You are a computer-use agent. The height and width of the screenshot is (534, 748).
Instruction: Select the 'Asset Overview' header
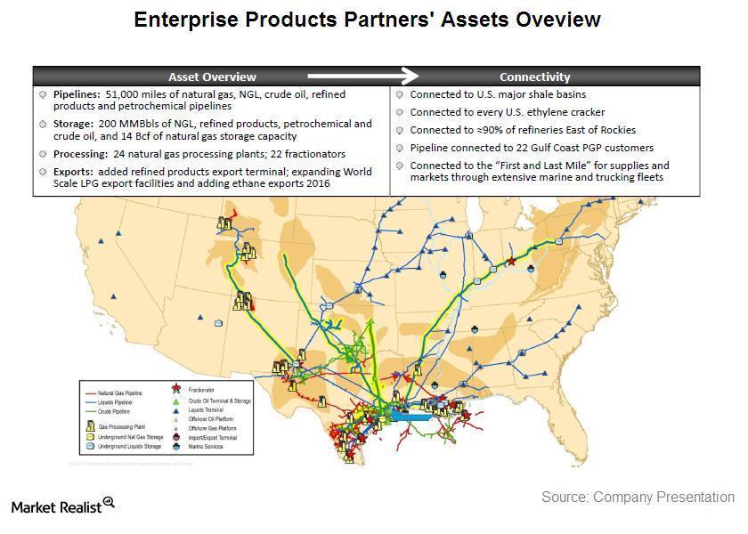click(212, 77)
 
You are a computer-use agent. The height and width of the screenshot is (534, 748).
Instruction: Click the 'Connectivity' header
click(534, 77)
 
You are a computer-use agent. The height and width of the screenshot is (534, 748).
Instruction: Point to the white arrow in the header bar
click(362, 77)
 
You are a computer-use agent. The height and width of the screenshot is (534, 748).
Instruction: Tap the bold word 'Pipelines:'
click(77, 94)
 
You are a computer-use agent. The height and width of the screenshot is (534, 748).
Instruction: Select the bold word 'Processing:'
click(80, 154)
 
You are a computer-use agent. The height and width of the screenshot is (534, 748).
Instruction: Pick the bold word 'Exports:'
click(72, 171)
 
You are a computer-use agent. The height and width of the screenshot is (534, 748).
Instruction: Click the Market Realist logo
click(62, 506)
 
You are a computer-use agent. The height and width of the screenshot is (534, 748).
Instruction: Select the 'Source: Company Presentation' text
click(638, 498)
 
